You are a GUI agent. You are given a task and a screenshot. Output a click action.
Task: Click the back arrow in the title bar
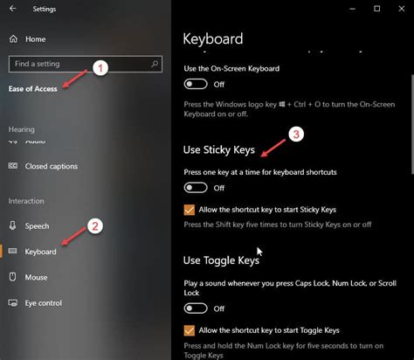[x=12, y=10]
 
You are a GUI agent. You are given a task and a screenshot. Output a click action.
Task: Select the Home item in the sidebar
[x=35, y=39]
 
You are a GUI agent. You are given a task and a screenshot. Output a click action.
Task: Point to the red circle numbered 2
[x=96, y=225]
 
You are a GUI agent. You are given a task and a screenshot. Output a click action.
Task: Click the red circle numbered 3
[x=296, y=135]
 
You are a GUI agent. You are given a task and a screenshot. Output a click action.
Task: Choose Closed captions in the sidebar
[x=48, y=165]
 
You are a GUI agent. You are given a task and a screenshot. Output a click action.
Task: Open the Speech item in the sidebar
[x=37, y=225]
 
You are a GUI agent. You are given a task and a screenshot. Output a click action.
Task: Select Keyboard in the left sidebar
[x=40, y=252]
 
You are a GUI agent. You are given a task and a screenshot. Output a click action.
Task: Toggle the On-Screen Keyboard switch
[x=196, y=84]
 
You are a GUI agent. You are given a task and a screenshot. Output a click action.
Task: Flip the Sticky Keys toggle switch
[x=196, y=188]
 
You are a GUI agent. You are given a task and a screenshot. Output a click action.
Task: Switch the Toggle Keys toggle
[x=196, y=308]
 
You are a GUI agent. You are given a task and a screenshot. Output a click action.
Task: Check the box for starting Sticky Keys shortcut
[x=189, y=210]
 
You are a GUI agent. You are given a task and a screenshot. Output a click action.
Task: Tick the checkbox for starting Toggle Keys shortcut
[x=189, y=330]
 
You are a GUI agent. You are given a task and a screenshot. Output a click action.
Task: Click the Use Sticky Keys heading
[x=218, y=150]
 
